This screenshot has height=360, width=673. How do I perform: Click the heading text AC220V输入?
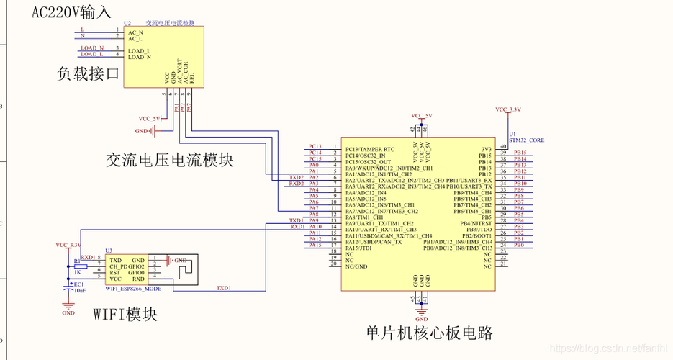click(x=71, y=12)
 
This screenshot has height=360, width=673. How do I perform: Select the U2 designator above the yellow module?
click(x=127, y=24)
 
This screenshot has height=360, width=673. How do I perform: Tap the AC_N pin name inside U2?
click(x=135, y=32)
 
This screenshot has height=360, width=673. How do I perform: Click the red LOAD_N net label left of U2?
click(x=91, y=48)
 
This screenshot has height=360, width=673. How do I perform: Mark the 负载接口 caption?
click(x=89, y=73)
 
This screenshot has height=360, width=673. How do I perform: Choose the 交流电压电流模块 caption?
click(x=170, y=159)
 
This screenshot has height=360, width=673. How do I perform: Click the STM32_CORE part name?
click(x=526, y=140)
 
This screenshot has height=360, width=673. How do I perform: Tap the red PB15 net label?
click(x=519, y=153)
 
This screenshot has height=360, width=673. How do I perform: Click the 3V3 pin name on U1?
click(x=487, y=149)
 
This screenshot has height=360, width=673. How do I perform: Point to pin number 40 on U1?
click(x=503, y=147)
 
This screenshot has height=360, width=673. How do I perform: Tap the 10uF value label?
click(x=79, y=290)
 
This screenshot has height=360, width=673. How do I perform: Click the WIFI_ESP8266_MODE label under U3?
click(x=133, y=288)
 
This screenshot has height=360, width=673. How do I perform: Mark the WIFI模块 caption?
click(x=125, y=314)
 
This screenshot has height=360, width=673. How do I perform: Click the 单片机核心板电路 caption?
click(x=429, y=333)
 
